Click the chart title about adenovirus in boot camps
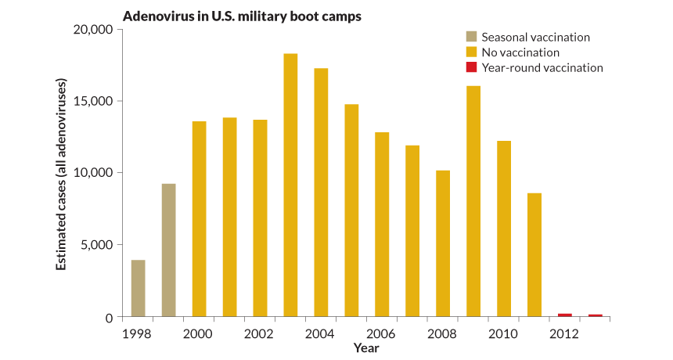[242, 16]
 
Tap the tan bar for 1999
[168, 250]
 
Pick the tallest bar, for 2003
[290, 185]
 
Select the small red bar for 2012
[565, 315]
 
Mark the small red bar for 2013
[596, 315]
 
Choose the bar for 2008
[443, 243]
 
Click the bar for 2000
[199, 219]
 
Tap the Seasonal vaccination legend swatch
[470, 37]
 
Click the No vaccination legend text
[520, 52]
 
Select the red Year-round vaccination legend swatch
[470, 67]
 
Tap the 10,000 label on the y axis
[95, 173]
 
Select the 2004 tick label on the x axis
[321, 333]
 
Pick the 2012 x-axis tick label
[565, 333]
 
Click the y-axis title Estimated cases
[60, 174]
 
